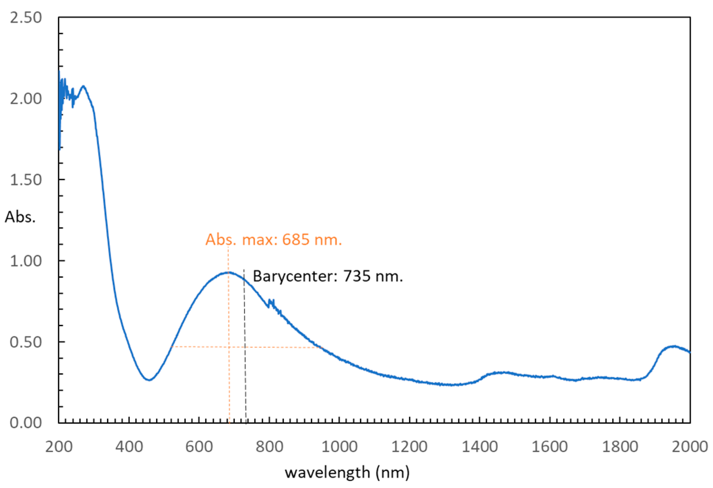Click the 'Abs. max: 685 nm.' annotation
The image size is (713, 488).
point(273,240)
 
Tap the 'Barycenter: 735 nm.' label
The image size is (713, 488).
point(328,276)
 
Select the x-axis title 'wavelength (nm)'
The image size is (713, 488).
point(347,473)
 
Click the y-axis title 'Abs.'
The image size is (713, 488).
point(20,218)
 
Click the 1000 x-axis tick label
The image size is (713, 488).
point(339,447)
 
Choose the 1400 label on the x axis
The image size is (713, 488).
point(479,447)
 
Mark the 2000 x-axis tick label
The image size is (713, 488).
point(689,447)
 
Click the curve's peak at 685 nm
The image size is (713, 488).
point(228,272)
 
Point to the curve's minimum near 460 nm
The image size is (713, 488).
point(149,380)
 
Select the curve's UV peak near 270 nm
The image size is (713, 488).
point(83,86)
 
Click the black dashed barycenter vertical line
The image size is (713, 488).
point(245,370)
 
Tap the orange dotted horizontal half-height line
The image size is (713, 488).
point(202,347)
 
